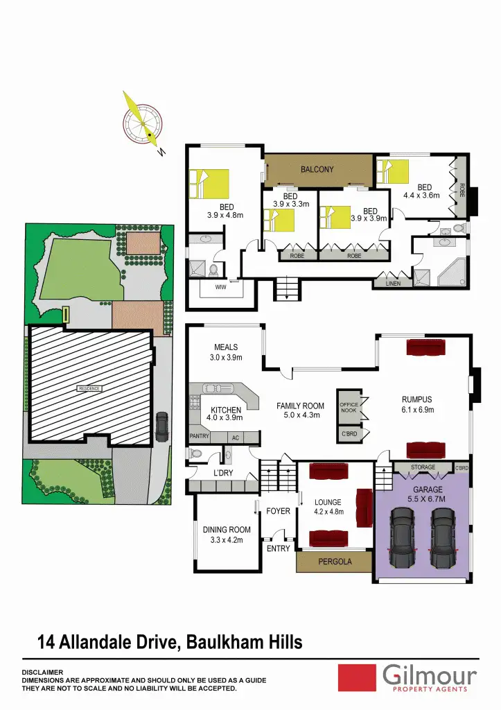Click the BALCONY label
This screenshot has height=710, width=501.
(317, 169)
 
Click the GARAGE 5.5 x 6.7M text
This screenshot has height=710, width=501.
(423, 494)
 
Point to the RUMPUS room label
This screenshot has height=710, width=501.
(417, 399)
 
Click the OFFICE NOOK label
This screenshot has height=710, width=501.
(349, 408)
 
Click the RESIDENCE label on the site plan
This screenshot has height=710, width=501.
(90, 389)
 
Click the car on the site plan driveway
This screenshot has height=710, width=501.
(161, 426)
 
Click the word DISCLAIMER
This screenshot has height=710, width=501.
(43, 672)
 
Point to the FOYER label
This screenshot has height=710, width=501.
(278, 511)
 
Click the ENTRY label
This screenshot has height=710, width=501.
(279, 548)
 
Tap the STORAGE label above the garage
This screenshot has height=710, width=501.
(423, 467)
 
